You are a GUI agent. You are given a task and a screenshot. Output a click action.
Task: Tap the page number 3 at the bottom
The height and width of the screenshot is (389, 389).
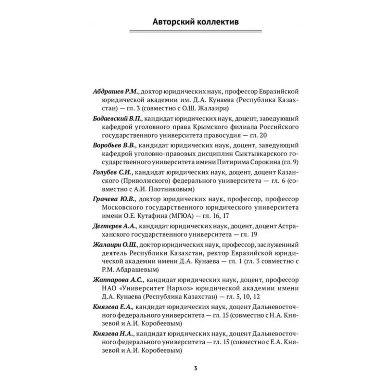[x=194, y=368]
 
